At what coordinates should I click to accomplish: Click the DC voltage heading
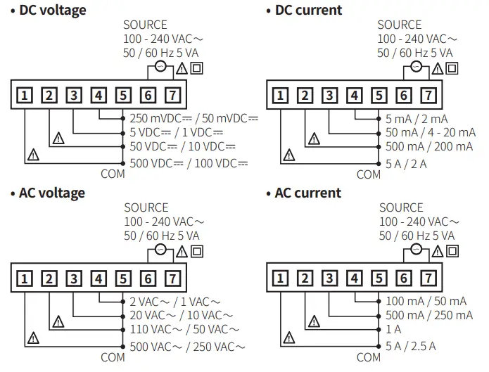(x=53, y=10)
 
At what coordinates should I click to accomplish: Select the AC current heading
(x=307, y=193)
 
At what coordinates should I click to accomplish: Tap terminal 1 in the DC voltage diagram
(x=25, y=96)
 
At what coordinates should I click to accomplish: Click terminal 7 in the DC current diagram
(x=427, y=96)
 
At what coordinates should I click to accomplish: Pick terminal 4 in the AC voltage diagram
(x=99, y=278)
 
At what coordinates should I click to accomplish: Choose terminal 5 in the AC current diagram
(x=379, y=278)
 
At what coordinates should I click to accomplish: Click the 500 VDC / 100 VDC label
(x=189, y=163)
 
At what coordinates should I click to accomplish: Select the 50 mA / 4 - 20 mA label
(x=430, y=132)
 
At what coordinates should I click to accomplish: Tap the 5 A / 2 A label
(x=406, y=163)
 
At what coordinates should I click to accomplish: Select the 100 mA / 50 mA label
(x=426, y=301)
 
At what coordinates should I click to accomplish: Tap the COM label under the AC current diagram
(x=368, y=357)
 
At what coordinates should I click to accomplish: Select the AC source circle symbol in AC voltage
(x=160, y=250)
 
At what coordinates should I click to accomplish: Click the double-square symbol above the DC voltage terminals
(x=197, y=68)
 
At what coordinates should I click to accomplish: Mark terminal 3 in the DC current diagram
(x=329, y=96)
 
